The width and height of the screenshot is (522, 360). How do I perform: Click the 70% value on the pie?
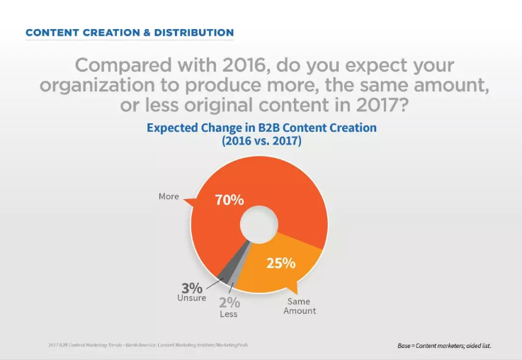229,201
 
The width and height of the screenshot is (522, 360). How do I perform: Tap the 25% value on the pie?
280,263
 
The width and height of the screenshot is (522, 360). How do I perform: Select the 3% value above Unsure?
192,288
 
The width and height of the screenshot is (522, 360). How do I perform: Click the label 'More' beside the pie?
168,195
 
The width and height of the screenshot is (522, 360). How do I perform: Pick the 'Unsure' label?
191,298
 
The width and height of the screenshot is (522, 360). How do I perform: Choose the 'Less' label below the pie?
228,314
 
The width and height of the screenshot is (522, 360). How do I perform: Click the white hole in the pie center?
254,225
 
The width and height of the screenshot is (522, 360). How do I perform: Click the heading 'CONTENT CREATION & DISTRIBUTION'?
129,33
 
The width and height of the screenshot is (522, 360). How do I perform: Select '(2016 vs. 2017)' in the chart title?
261,141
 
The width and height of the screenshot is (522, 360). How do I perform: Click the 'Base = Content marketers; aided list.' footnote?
444,346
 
